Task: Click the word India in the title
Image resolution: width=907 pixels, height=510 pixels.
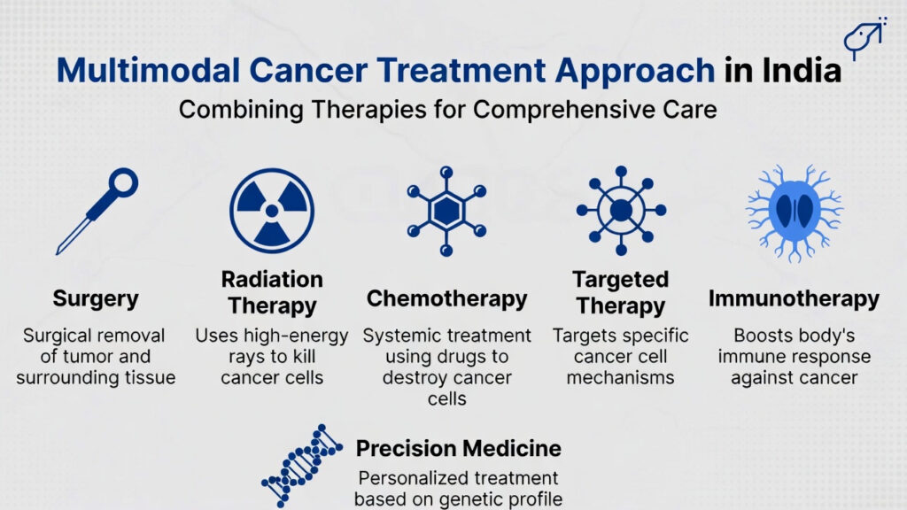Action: pos(801,70)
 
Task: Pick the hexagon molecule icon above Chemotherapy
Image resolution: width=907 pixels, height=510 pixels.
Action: pos(446,211)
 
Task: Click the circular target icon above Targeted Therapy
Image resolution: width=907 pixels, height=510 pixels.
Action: pos(619,211)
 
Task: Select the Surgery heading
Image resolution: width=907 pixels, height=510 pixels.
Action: pos(97,298)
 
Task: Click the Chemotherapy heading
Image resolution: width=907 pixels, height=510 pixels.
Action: pos(446,298)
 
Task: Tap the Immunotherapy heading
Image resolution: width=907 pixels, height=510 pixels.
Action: pos(793,298)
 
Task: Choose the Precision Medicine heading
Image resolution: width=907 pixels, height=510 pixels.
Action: pos(457,447)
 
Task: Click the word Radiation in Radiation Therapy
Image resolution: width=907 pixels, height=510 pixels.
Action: pos(271,279)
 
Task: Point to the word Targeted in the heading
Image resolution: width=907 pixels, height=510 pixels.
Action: pos(620,279)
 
